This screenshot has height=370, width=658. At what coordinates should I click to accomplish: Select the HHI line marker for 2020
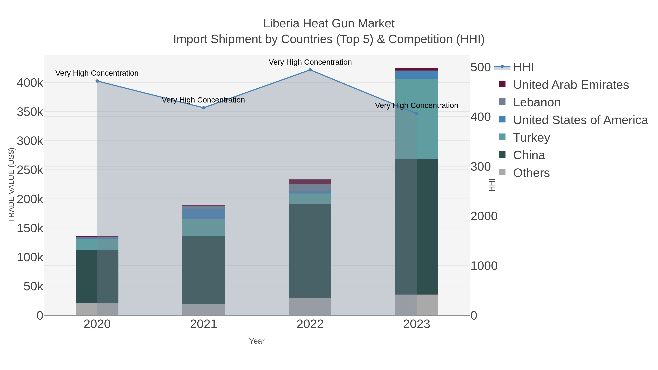pyautogui.click(x=97, y=81)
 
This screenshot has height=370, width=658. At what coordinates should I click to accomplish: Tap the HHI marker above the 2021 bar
pyautogui.click(x=204, y=108)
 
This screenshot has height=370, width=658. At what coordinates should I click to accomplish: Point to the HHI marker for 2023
pyautogui.click(x=417, y=114)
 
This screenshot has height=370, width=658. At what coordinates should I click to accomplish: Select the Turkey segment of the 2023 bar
pyautogui.click(x=417, y=119)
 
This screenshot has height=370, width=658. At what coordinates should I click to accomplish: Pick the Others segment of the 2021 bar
pyautogui.click(x=204, y=310)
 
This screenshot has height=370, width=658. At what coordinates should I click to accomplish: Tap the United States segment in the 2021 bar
pyautogui.click(x=204, y=214)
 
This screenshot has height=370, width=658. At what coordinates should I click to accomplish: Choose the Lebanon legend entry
pyautogui.click(x=537, y=102)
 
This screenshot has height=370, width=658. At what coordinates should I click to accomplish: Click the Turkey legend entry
pyautogui.click(x=531, y=138)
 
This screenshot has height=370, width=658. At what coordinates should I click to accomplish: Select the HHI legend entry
pyautogui.click(x=523, y=67)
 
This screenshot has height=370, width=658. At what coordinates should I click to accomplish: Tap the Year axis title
pyautogui.click(x=257, y=341)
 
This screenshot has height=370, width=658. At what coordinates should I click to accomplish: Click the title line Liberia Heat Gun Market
pyautogui.click(x=329, y=24)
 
